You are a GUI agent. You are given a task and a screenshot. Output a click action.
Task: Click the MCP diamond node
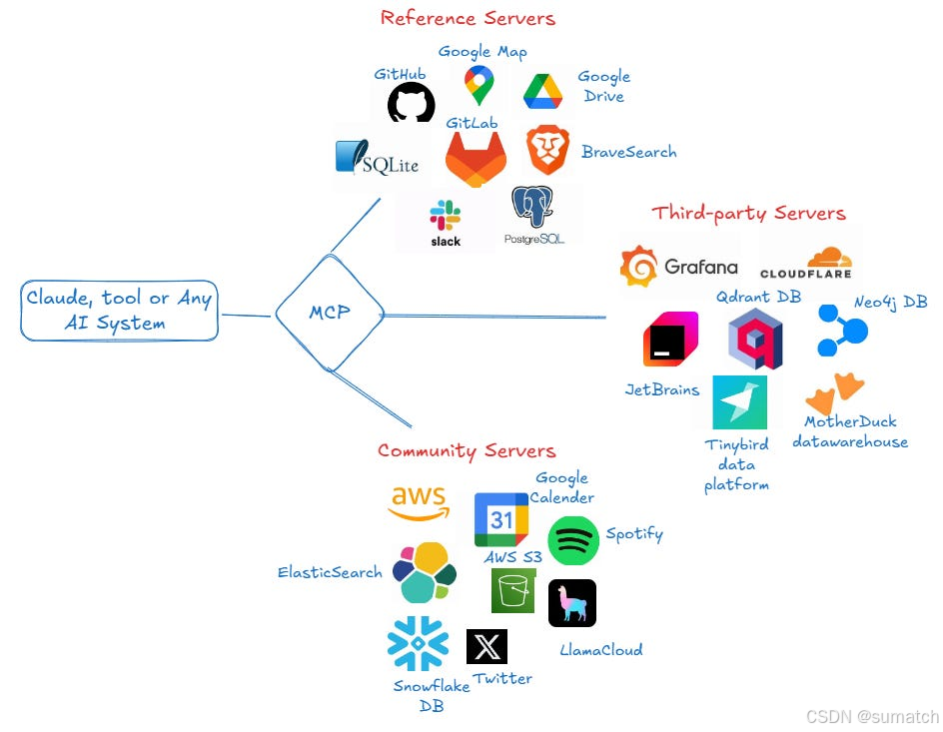pyautogui.click(x=330, y=313)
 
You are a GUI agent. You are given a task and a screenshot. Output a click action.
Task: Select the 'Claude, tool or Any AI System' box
pyautogui.click(x=120, y=311)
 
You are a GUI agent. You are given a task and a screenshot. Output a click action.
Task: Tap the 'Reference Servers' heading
pyautogui.click(x=468, y=18)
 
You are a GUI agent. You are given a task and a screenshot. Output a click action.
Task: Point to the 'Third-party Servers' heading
pyautogui.click(x=748, y=213)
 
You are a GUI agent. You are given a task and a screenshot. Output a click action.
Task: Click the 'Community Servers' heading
pyautogui.click(x=467, y=451)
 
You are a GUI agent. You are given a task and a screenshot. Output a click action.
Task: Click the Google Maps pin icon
pyautogui.click(x=479, y=85)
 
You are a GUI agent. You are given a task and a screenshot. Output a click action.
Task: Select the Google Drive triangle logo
pyautogui.click(x=544, y=92)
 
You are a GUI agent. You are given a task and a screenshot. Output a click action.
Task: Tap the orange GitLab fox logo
pyautogui.click(x=475, y=159)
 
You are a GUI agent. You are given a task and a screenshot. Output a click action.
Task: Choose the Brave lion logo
pyautogui.click(x=547, y=151)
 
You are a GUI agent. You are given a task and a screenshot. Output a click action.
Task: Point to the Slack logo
pyautogui.click(x=446, y=221)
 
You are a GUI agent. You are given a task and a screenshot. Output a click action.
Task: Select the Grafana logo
pyautogui.click(x=679, y=267)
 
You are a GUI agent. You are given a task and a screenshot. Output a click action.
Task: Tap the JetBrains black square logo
pyautogui.click(x=670, y=340)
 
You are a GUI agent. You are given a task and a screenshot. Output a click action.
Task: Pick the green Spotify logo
pyautogui.click(x=573, y=541)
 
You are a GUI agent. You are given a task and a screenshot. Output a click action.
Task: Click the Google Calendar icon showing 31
pyautogui.click(x=501, y=518)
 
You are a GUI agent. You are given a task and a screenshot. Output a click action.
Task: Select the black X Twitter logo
pyautogui.click(x=486, y=647)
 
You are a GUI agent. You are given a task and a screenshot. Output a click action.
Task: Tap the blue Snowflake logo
pyautogui.click(x=418, y=644)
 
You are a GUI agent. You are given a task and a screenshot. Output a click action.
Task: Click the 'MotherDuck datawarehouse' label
pyautogui.click(x=850, y=431)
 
